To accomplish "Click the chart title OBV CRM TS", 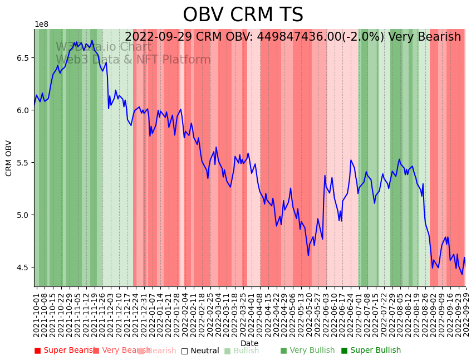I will [x=243, y=15].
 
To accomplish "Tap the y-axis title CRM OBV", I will [x=9, y=158].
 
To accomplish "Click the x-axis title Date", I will [x=249, y=343].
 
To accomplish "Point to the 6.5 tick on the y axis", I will [x=24, y=58].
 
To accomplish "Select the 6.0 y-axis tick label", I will [x=24, y=110].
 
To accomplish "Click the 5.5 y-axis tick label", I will [x=24, y=163].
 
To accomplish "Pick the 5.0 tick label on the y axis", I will [x=24, y=215].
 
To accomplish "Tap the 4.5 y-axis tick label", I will [x=24, y=267].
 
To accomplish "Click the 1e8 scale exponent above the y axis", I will [x=41, y=25].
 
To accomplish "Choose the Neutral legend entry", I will [x=200, y=351].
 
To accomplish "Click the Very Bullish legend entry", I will [x=307, y=351].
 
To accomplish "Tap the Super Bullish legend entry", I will [x=371, y=351].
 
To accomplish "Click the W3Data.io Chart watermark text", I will [x=104, y=47].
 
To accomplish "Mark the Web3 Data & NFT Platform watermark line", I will [x=133, y=60].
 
